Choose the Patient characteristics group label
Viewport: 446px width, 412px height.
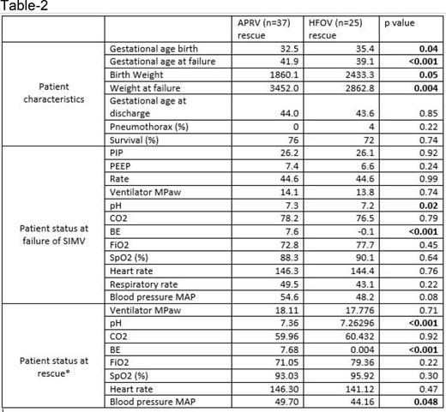tap(54, 93)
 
